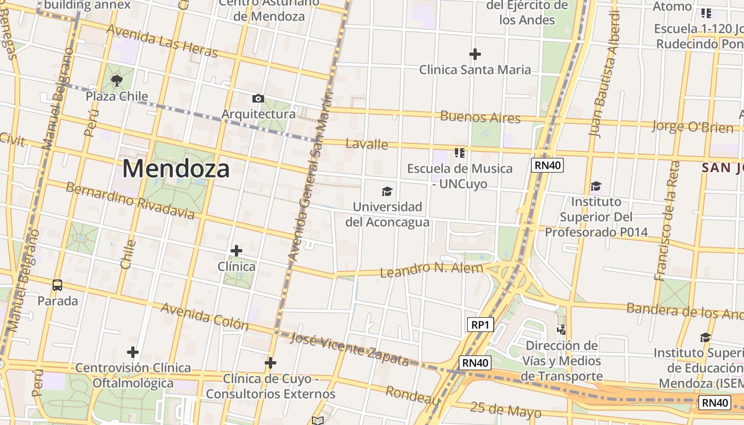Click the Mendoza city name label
[176, 169]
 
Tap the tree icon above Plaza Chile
[117, 81]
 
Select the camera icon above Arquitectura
[258, 98]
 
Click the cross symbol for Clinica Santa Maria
[475, 54]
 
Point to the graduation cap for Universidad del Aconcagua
[387, 191]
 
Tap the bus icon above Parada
[57, 285]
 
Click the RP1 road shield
[480, 325]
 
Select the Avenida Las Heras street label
[162, 41]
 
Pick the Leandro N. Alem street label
[432, 269]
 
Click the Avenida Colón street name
[205, 316]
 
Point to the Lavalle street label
[367, 144]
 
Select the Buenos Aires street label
[480, 117]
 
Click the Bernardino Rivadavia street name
[130, 200]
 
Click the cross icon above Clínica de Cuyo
[270, 363]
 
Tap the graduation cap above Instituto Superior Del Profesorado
[596, 186]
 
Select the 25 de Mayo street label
[505, 410]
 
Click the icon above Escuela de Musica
[460, 154]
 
